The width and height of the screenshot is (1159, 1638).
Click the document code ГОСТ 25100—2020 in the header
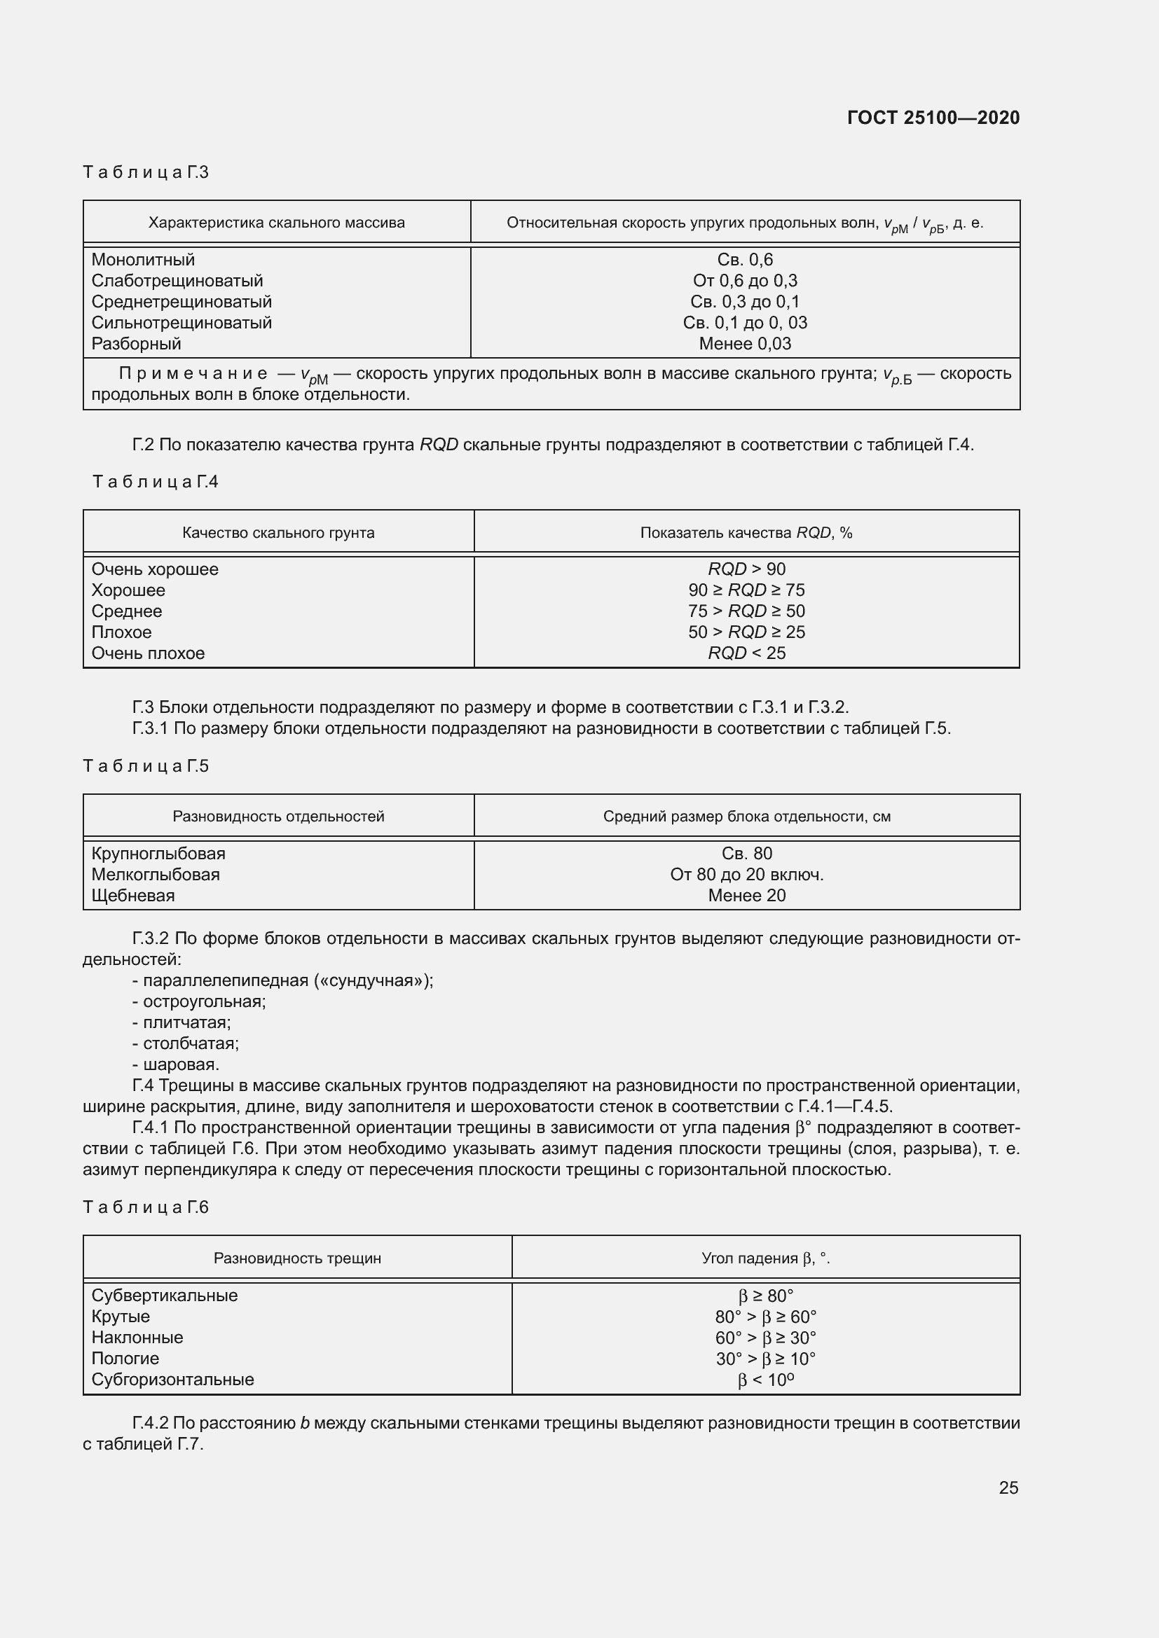pos(933,118)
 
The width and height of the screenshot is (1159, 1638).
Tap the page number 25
pos(1008,1487)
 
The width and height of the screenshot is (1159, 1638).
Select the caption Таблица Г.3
pos(146,172)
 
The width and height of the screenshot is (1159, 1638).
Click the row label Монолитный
pos(143,260)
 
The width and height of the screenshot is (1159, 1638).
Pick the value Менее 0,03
pos(745,344)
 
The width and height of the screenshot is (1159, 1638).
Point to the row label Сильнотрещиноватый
pos(181,322)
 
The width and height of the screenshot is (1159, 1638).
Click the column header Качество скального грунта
pos(278,532)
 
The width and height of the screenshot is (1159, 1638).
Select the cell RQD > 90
pos(746,569)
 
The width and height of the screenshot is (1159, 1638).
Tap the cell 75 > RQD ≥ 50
pos(746,611)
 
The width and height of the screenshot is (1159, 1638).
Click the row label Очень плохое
pos(148,653)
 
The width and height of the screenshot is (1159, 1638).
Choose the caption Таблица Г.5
pos(146,765)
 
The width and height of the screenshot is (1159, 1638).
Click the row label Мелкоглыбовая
pos(156,875)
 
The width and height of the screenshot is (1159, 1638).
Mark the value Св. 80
pos(746,854)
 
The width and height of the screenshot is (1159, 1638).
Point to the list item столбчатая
pos(191,1043)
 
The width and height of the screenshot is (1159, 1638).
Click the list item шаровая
pos(181,1064)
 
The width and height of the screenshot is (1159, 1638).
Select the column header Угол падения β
pos(765,1258)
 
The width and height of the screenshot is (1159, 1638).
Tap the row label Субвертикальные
pos(164,1296)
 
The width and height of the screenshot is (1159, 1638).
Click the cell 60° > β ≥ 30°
pos(765,1338)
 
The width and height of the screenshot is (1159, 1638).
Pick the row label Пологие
pos(125,1359)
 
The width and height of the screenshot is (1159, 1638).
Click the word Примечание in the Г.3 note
pos(193,374)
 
